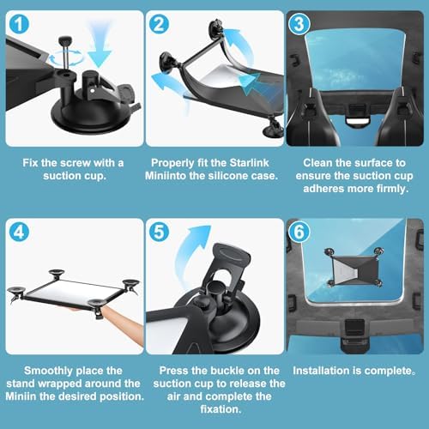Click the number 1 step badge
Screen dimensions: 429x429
19,24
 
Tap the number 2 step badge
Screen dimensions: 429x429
159,24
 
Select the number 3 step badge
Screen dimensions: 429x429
299,24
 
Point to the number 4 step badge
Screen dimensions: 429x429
19,232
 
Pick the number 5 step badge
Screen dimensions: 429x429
159,232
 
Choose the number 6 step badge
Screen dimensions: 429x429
299,232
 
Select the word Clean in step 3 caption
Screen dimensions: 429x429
317,163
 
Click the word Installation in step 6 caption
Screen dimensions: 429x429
322,371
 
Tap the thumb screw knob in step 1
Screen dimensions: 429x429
65,39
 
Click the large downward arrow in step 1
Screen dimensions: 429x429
99,45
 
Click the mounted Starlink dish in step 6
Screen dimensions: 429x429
354,269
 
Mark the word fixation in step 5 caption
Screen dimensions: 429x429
221,409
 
